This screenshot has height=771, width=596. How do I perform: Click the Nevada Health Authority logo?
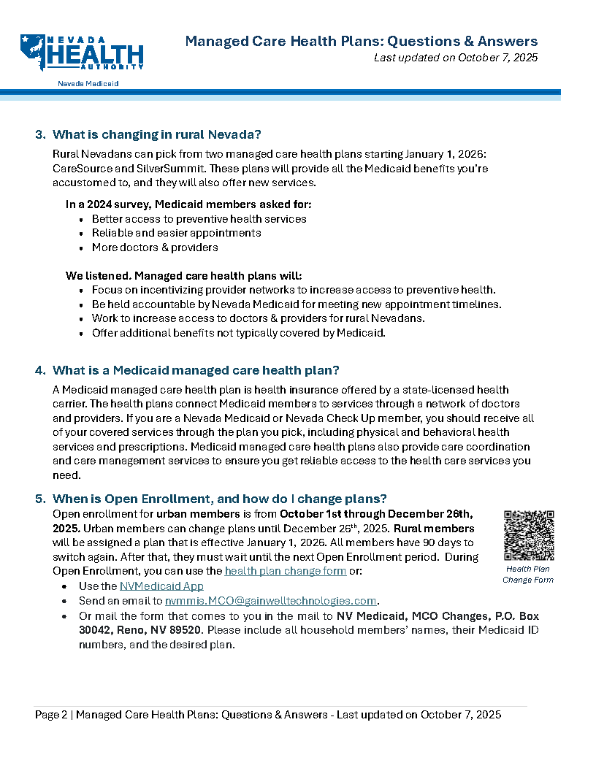click(x=82, y=53)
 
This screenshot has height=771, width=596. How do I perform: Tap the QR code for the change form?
click(x=529, y=535)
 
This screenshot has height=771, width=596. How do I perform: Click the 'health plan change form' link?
click(x=286, y=571)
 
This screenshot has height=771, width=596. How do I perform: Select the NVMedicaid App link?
click(x=161, y=586)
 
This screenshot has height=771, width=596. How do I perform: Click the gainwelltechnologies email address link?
click(x=270, y=601)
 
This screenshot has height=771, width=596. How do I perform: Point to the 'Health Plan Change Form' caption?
click(x=528, y=574)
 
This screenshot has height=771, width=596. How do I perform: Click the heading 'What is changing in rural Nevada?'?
click(x=157, y=134)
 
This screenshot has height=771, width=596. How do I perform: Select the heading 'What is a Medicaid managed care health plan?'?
click(x=196, y=370)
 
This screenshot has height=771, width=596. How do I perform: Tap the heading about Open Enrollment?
click(x=220, y=499)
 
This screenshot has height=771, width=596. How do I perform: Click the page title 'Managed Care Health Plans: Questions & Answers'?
click(x=361, y=41)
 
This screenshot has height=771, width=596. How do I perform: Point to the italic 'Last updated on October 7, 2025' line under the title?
click(x=456, y=58)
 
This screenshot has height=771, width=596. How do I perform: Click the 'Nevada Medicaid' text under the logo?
click(x=88, y=84)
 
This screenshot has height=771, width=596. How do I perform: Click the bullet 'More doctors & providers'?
click(x=155, y=247)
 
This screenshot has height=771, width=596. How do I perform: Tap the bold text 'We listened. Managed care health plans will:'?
click(x=183, y=275)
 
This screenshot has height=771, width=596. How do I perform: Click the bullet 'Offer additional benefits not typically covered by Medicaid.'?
click(x=238, y=333)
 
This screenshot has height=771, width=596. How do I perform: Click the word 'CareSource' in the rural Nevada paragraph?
click(x=81, y=168)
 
